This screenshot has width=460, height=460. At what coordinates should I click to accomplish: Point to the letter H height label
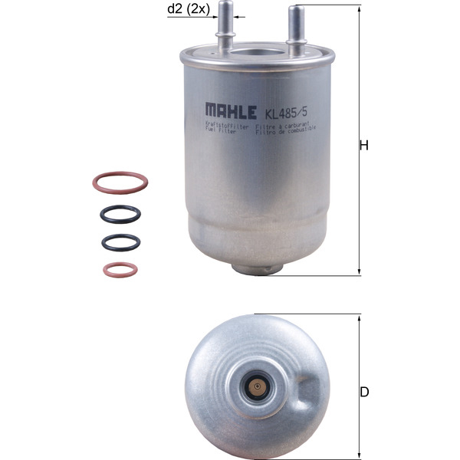[x=364, y=145]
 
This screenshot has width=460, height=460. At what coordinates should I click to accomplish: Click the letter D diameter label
[x=364, y=393]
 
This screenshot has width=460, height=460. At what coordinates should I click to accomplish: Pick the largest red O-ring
[x=120, y=182]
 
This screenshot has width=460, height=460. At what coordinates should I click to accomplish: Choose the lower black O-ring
[x=120, y=242]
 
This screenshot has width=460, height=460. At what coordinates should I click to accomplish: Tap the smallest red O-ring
[x=119, y=269]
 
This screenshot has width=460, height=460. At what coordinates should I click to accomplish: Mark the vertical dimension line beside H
[x=358, y=145]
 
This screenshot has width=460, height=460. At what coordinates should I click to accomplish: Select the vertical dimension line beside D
[x=358, y=391]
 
